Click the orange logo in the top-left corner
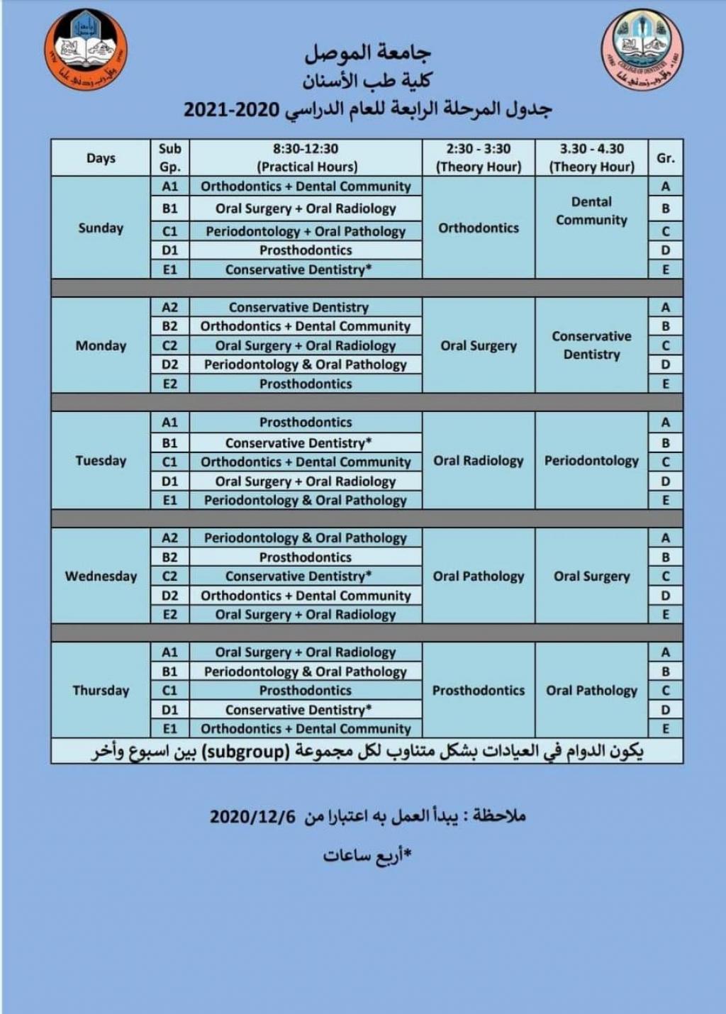(85, 50)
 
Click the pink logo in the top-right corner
(642, 49)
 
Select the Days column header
(101, 157)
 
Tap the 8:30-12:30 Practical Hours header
(306, 157)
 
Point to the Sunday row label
(101, 228)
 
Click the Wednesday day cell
(101, 576)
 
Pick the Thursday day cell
(101, 690)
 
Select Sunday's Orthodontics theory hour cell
(479, 228)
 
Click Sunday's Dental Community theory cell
(591, 211)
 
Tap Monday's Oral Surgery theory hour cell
(479, 345)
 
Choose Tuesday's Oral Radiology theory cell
(479, 460)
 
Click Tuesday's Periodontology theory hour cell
(591, 460)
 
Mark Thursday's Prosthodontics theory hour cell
(479, 690)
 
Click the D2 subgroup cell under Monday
(170, 364)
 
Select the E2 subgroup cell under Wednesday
(170, 614)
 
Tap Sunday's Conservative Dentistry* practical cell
(298, 269)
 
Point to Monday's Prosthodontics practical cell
(306, 384)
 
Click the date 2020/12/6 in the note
(252, 816)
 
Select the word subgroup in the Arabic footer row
(245, 751)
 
